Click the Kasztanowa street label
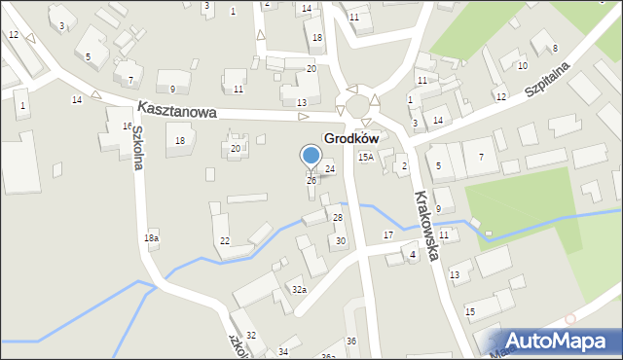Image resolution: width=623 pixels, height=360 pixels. pyautogui.click(x=176, y=111)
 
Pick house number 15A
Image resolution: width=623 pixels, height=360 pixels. pyautogui.click(x=365, y=157)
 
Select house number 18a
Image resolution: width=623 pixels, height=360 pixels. pyautogui.click(x=151, y=237)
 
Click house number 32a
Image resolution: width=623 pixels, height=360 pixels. pyautogui.click(x=299, y=289)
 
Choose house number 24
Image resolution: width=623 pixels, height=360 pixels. pyautogui.click(x=330, y=169)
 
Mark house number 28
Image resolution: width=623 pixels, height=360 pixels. pyautogui.click(x=338, y=217)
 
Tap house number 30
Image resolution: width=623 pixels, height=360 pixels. pyautogui.click(x=340, y=240)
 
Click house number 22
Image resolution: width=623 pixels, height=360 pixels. pyautogui.click(x=225, y=240)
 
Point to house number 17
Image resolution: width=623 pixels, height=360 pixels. pyautogui.click(x=388, y=235)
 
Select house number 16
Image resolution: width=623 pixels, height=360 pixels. pyautogui.click(x=127, y=126)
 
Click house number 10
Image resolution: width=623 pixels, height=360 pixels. pyautogui.click(x=522, y=65)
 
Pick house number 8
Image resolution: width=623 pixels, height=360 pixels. pyautogui.click(x=555, y=48)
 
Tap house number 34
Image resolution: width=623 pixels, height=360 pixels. pyautogui.click(x=283, y=351)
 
